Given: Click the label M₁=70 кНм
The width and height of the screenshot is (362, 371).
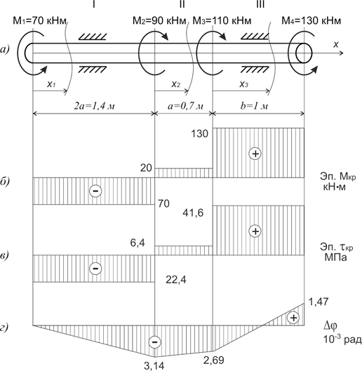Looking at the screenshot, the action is coord(39,21).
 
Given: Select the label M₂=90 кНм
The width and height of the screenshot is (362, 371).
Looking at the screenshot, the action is coord(159,21).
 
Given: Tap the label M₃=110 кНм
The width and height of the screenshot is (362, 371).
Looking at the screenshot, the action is coord(222,21).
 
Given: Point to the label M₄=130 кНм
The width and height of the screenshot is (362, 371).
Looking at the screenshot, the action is coord(311,21).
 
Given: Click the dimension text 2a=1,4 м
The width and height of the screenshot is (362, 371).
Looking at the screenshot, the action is coord(94,106).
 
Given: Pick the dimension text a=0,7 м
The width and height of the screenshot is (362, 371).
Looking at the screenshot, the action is coord(185,106).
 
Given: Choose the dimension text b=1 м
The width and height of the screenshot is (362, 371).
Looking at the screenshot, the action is coord(254,106).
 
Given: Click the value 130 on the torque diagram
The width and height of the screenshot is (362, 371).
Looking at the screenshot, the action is coord(199,134).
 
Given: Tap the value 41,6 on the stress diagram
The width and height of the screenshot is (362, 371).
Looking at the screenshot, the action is coord(193,213).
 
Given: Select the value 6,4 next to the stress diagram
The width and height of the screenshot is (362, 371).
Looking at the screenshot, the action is coord(138,243).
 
